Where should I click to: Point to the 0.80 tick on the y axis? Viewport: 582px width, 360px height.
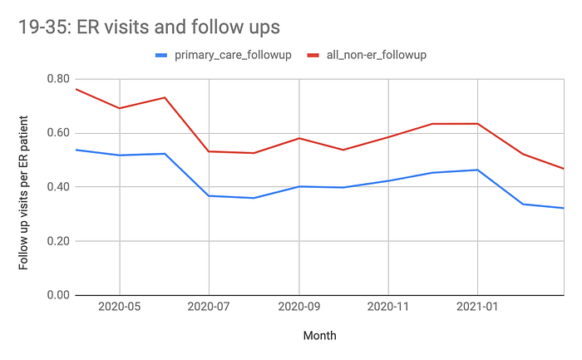[x=58, y=79]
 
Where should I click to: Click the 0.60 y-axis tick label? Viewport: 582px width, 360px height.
[x=58, y=133]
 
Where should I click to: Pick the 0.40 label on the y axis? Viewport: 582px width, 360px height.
[x=58, y=187]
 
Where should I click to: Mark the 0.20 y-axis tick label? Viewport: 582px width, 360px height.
[x=58, y=241]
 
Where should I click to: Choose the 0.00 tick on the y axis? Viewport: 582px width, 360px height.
[x=58, y=295]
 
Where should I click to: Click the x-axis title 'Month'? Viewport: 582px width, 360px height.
[x=320, y=336]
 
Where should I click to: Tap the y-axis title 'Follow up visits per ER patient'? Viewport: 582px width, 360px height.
[x=24, y=187]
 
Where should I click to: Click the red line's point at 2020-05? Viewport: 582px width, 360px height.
[x=120, y=108]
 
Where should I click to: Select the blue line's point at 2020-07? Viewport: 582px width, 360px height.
[x=210, y=195]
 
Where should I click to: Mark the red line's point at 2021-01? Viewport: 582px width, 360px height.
[x=477, y=124]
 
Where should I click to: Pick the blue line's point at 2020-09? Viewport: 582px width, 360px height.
[x=298, y=186]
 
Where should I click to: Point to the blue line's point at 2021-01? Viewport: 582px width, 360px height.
[x=477, y=170]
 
